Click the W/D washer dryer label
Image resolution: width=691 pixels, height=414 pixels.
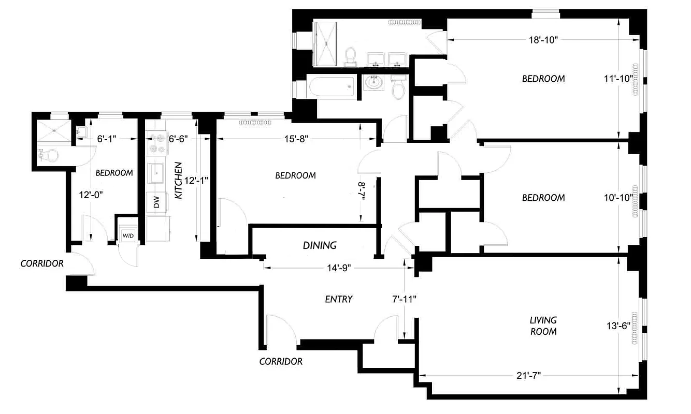(x=127, y=236)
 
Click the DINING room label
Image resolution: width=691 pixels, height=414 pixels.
(x=320, y=245)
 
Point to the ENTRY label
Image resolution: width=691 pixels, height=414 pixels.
(x=339, y=299)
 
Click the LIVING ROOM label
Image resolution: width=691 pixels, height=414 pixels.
(x=543, y=326)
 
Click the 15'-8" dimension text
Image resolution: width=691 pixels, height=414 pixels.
(x=296, y=139)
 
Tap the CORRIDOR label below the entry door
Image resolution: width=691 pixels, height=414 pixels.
(x=281, y=361)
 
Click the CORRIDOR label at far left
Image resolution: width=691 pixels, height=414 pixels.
(x=42, y=263)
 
